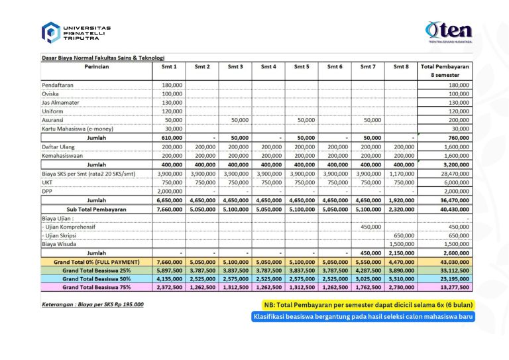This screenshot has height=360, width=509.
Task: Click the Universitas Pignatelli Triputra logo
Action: (x=76, y=32)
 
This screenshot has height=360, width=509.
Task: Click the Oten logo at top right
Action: (x=449, y=31)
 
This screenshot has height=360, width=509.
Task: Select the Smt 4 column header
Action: (x=268, y=66)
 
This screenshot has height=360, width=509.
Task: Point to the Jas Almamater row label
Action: (x=60, y=103)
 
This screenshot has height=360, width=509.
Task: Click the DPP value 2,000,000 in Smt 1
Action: (x=170, y=191)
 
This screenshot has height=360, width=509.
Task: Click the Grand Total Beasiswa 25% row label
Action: (x=97, y=270)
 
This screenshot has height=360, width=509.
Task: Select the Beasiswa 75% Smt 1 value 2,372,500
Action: (x=170, y=287)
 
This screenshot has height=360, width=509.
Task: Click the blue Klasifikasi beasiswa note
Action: (x=363, y=317)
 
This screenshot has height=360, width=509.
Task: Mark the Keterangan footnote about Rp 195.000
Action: (x=93, y=304)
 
